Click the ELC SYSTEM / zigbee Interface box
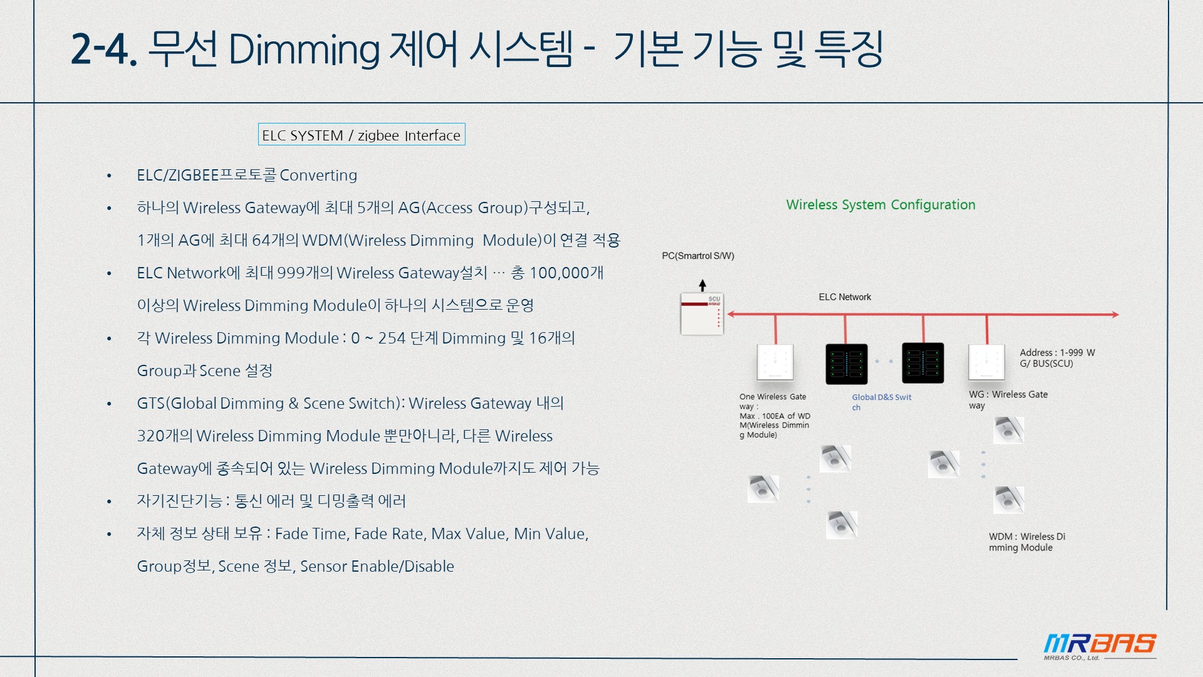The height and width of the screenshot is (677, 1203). (362, 135)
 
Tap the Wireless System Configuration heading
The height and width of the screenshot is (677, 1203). (881, 205)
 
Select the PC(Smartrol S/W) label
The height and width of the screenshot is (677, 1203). (698, 256)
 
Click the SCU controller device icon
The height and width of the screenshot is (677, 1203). (702, 314)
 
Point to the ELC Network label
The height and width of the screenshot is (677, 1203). (845, 297)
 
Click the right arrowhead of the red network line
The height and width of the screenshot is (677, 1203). (1115, 314)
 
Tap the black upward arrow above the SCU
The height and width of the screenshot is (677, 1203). (702, 285)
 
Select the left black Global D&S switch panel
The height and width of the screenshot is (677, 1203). (846, 364)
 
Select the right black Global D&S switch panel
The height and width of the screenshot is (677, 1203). (923, 363)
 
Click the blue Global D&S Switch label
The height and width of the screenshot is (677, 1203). (882, 402)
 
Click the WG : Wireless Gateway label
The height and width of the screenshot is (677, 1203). (1008, 399)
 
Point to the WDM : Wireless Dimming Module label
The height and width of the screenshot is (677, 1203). (1027, 542)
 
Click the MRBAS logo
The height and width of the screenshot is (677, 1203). (1100, 646)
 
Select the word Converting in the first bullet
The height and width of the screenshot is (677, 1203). (318, 175)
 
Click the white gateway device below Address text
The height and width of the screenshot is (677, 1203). (986, 362)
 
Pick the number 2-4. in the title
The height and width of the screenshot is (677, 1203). (104, 49)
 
